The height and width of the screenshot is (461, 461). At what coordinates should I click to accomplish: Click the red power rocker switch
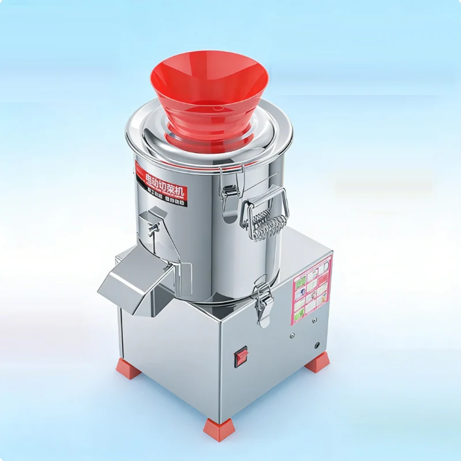pyautogui.click(x=241, y=357)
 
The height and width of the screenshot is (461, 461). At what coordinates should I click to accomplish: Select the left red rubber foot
pyautogui.click(x=129, y=368)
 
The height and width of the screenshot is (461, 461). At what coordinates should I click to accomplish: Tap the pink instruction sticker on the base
pyautogui.click(x=312, y=291)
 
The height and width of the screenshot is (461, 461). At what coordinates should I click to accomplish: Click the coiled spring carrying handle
pyautogui.click(x=266, y=222)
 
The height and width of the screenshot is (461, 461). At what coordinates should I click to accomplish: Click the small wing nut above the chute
pyautogui.click(x=152, y=232)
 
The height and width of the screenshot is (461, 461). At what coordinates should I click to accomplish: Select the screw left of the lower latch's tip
pyautogui.click(x=292, y=335)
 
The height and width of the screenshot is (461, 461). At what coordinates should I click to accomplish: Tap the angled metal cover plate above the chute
pyautogui.click(x=152, y=216)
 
